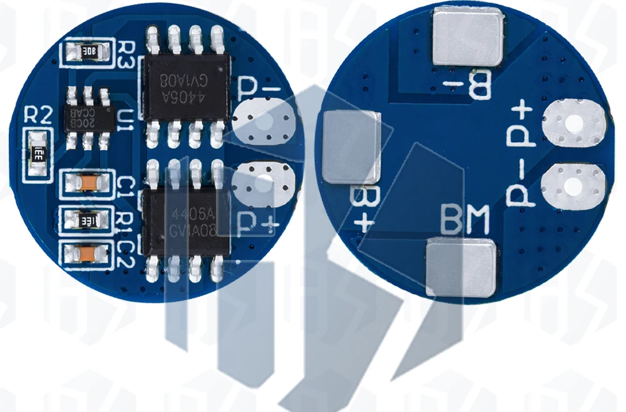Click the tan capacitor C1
(x=87, y=182)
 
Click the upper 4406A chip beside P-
(x=184, y=86)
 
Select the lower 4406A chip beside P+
(x=184, y=222)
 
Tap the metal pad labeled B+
(x=351, y=147)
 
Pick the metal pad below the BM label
(x=460, y=268)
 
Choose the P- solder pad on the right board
(x=574, y=185)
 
